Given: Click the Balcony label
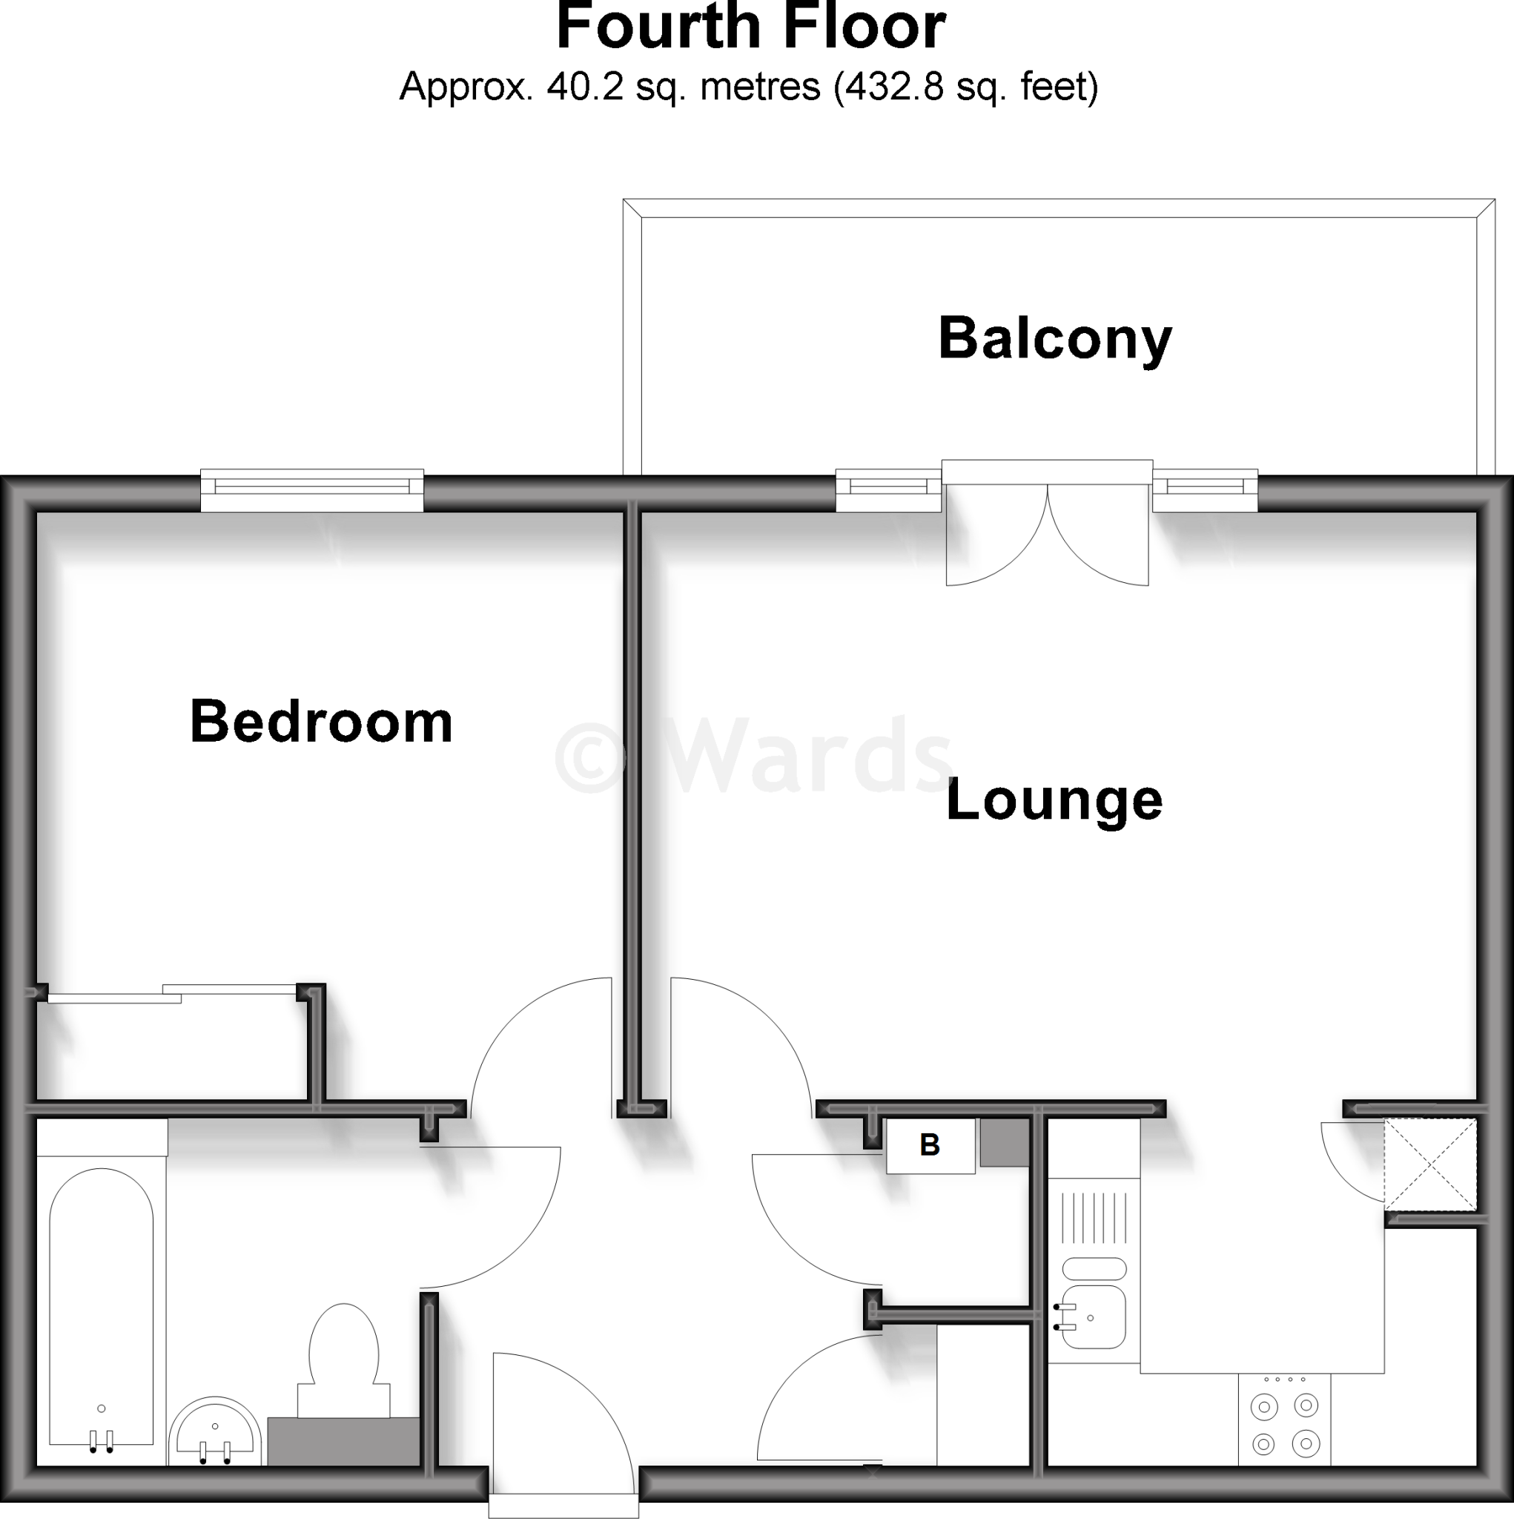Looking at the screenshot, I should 1054,340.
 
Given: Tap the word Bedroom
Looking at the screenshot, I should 321,722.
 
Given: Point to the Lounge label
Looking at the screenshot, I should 1054,800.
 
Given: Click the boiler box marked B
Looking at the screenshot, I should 930,1145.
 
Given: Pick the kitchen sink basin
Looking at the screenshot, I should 1094,1317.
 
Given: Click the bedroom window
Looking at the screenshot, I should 312,490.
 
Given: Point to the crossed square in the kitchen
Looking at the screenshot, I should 1430,1164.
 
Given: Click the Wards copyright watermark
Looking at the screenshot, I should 755,757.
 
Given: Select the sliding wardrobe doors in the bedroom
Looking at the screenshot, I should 169,994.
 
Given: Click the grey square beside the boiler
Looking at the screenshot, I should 1004,1142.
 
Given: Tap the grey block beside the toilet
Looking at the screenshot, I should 343,1441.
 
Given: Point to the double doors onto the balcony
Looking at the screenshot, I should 1047,535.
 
